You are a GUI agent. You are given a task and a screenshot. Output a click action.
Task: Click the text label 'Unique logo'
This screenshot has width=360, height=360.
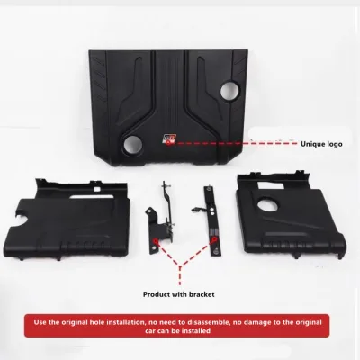click(x=321, y=144)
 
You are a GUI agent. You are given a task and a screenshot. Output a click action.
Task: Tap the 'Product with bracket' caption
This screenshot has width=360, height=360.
click(x=179, y=294)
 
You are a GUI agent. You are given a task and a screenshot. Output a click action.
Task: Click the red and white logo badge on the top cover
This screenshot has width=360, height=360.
click(x=170, y=138)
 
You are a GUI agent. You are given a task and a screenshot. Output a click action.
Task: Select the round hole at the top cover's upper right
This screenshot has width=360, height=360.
click(x=230, y=91)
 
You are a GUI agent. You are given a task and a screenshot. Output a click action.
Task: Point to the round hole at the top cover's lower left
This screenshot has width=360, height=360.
click(x=132, y=144)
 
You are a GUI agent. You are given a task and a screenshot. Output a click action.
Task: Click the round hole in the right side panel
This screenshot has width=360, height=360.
click(x=267, y=205)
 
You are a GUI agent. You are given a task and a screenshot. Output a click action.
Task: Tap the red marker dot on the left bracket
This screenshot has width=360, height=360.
click(x=156, y=240)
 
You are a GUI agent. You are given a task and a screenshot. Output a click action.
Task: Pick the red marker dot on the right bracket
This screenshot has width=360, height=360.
click(x=214, y=239)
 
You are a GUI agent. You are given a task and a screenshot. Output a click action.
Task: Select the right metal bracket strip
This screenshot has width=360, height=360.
click(x=212, y=221)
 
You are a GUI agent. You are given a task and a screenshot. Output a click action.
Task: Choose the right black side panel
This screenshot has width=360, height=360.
click(x=291, y=215)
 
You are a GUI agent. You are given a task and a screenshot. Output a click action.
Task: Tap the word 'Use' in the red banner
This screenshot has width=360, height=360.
click(x=40, y=322)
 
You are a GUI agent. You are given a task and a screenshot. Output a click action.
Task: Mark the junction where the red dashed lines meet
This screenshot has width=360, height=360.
click(x=180, y=265)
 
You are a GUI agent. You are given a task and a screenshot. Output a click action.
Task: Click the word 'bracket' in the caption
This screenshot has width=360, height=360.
click(x=202, y=294)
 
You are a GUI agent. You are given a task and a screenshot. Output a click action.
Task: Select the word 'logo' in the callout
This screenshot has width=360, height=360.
click(x=335, y=144)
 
